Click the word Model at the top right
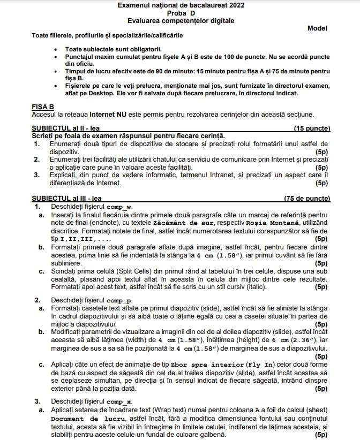[x=317, y=28]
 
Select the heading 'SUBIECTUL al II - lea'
[x=65, y=128]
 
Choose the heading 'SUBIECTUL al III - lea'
[x=67, y=199]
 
